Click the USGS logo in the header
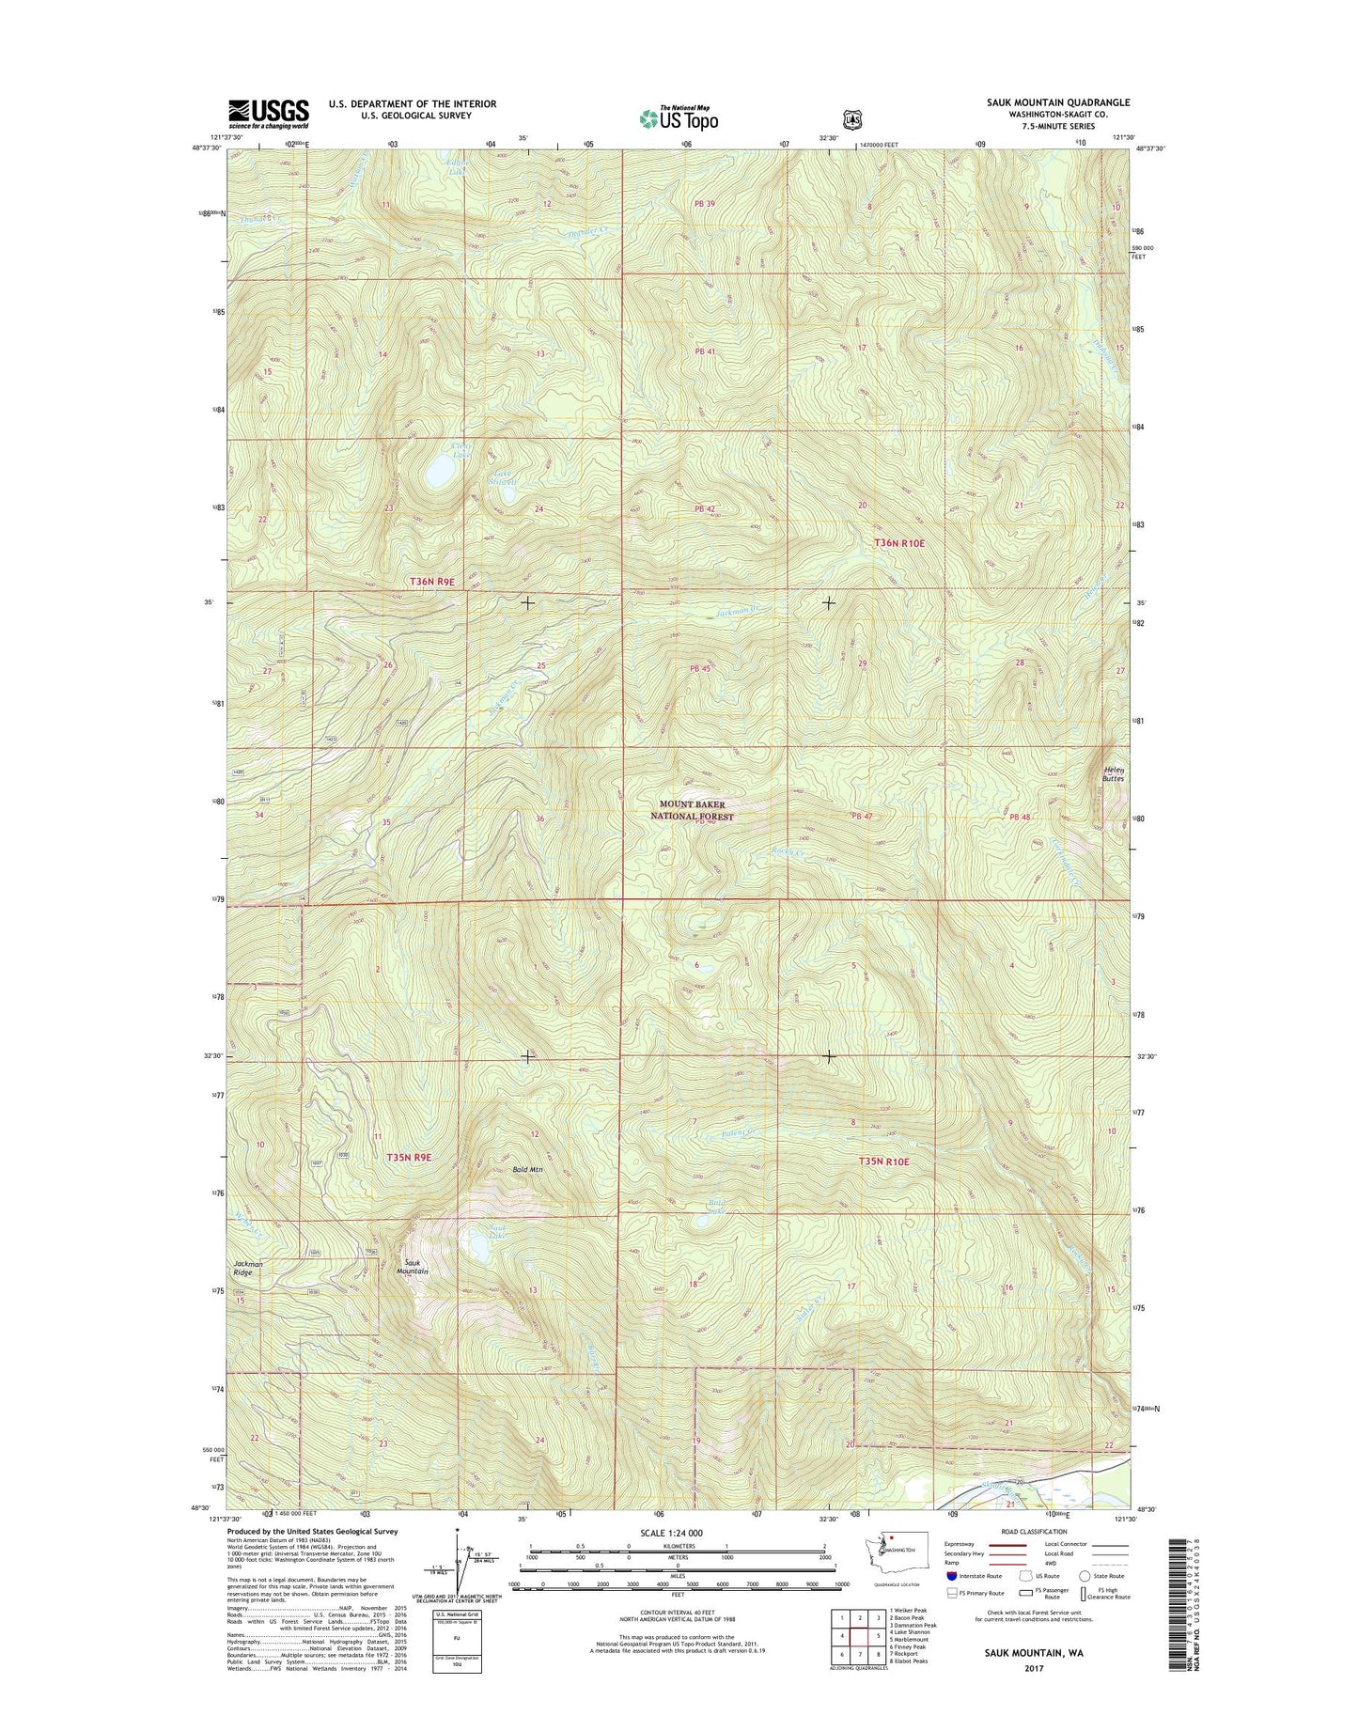click(x=268, y=114)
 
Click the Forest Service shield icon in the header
click(x=852, y=119)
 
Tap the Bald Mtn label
click(x=527, y=1170)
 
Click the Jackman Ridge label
click(x=249, y=1268)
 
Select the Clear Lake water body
click(x=438, y=471)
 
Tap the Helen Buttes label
click(x=1113, y=773)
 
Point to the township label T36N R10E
click(x=899, y=543)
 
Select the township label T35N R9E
click(x=409, y=1158)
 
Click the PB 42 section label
click(x=705, y=508)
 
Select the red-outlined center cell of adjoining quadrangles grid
click(x=859, y=1636)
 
